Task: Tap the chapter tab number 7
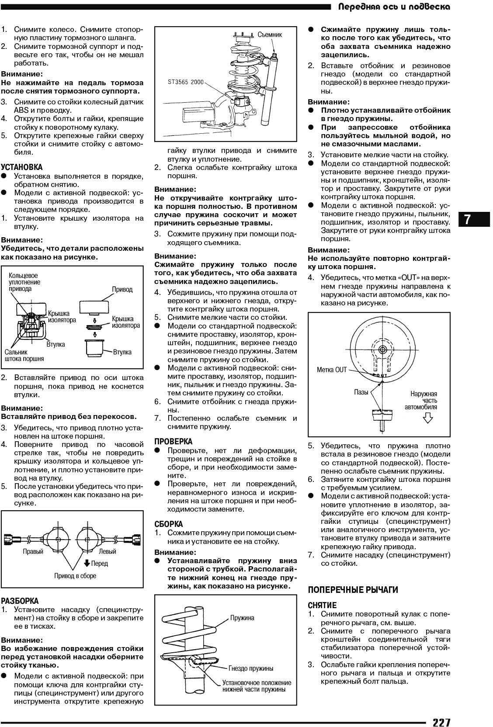[x=467, y=219]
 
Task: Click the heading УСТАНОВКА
[x=22, y=167]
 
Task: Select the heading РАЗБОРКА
[x=20, y=601]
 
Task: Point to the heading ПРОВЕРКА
[x=174, y=441]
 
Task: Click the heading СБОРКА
[x=169, y=524]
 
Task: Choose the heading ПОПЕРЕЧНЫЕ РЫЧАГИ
[x=353, y=590]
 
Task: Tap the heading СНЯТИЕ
[x=323, y=605]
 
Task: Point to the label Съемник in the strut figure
[x=270, y=35]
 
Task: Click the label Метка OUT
[x=332, y=370]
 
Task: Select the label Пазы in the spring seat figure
[x=361, y=392]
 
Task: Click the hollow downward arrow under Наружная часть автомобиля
[x=427, y=419]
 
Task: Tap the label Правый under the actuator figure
[x=33, y=551]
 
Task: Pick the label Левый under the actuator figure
[x=108, y=551]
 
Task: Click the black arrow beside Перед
[x=87, y=563]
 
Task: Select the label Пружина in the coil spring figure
[x=242, y=618]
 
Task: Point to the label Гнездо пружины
[x=251, y=668]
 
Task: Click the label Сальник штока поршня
[x=24, y=355]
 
